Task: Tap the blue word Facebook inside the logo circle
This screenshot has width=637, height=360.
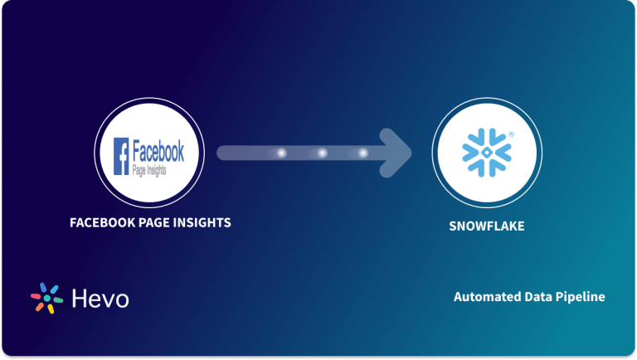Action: [158, 151]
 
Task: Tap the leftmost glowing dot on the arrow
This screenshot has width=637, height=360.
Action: [280, 153]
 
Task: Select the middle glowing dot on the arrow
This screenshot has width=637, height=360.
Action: [322, 153]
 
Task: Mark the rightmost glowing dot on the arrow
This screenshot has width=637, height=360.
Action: [362, 153]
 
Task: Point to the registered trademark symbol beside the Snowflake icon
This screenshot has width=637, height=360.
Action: [511, 134]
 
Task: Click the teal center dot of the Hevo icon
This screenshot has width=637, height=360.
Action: [46, 298]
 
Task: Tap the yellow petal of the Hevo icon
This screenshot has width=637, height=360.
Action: [50, 309]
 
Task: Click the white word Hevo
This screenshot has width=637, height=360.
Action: [100, 299]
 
